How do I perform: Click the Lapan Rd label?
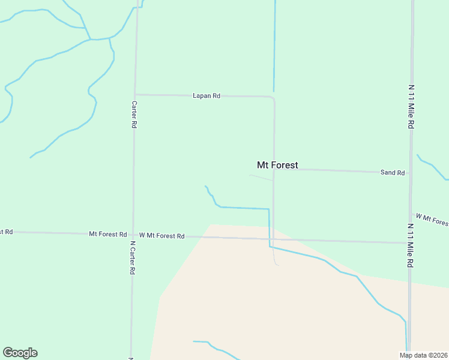pyautogui.click(x=206, y=95)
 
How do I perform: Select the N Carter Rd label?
pyautogui.click(x=132, y=258)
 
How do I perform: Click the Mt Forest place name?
pyautogui.click(x=277, y=165)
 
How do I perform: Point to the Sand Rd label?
pyautogui.click(x=393, y=172)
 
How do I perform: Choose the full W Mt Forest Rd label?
pyautogui.click(x=161, y=236)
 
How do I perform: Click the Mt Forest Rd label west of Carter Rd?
pyautogui.click(x=107, y=234)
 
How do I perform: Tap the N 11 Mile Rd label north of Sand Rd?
pyautogui.click(x=411, y=106)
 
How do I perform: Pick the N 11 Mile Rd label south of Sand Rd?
pyautogui.click(x=411, y=246)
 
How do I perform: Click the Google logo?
pyautogui.click(x=20, y=352)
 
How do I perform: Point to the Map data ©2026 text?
pyautogui.click(x=423, y=355)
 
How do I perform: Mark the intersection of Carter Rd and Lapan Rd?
pyautogui.click(x=135, y=94)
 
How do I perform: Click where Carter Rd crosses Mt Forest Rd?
pyautogui.click(x=133, y=235)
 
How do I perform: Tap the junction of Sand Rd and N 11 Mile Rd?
pyautogui.click(x=411, y=173)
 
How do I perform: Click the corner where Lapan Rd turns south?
pyautogui.click(x=274, y=98)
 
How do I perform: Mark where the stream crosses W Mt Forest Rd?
pyautogui.click(x=270, y=239)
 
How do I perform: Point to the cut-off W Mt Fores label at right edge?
pyautogui.click(x=432, y=219)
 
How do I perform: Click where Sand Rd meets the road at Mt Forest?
pyautogui.click(x=274, y=169)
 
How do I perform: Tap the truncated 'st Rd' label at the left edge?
pyautogui.click(x=7, y=232)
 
